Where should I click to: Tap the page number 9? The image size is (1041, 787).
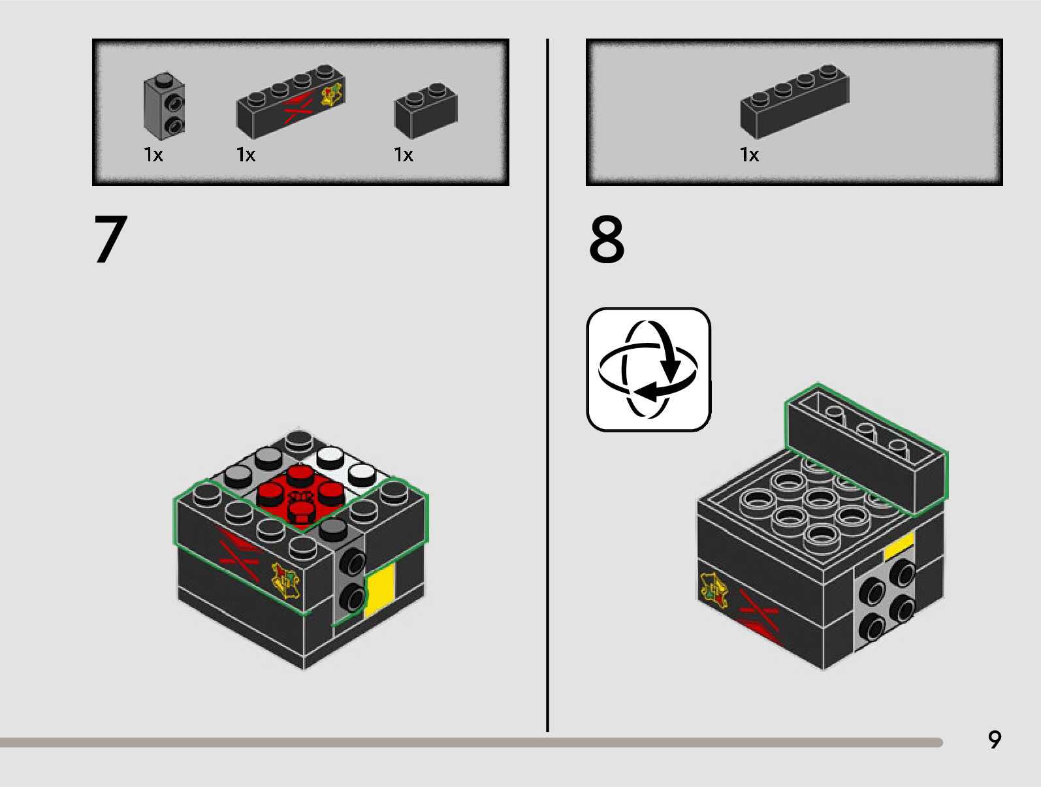pyautogui.click(x=995, y=739)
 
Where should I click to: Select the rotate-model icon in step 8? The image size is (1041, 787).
pyautogui.click(x=649, y=369)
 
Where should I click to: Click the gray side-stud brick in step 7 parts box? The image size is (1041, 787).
pyautogui.click(x=164, y=106)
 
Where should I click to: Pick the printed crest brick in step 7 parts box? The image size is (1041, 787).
pyautogui.click(x=291, y=101)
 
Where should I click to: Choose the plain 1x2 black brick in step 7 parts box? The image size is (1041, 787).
pyautogui.click(x=426, y=110)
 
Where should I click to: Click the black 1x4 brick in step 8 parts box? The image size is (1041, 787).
pyautogui.click(x=795, y=101)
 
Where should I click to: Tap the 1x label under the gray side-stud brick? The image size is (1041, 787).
pyautogui.click(x=153, y=155)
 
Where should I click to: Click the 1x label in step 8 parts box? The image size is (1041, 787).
pyautogui.click(x=749, y=155)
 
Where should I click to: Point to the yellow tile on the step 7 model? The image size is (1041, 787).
pyautogui.click(x=379, y=590)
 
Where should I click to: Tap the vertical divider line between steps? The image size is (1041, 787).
pyautogui.click(x=548, y=385)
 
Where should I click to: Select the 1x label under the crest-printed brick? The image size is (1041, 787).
pyautogui.click(x=246, y=155)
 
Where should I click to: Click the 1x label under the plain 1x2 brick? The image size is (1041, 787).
pyautogui.click(x=404, y=155)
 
